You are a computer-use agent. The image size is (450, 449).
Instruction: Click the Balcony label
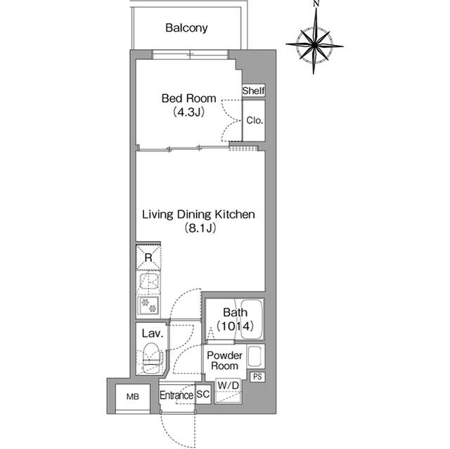(186, 29)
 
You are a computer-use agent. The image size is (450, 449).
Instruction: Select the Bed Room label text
(188, 99)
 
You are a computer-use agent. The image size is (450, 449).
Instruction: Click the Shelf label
(253, 91)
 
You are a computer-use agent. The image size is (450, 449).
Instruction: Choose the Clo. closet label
(254, 120)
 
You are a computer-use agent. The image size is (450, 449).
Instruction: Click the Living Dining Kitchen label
(198, 214)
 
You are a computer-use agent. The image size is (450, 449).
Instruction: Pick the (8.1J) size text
(199, 228)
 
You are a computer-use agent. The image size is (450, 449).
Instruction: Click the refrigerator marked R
(148, 258)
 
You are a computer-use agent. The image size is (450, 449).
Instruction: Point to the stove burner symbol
(148, 306)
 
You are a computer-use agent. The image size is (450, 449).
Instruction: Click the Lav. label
(152, 334)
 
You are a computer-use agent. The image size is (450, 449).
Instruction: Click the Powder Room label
(225, 361)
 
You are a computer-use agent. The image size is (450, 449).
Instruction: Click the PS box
(257, 377)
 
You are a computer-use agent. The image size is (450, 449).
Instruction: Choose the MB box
(132, 396)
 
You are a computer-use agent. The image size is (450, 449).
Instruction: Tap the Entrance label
(176, 396)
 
